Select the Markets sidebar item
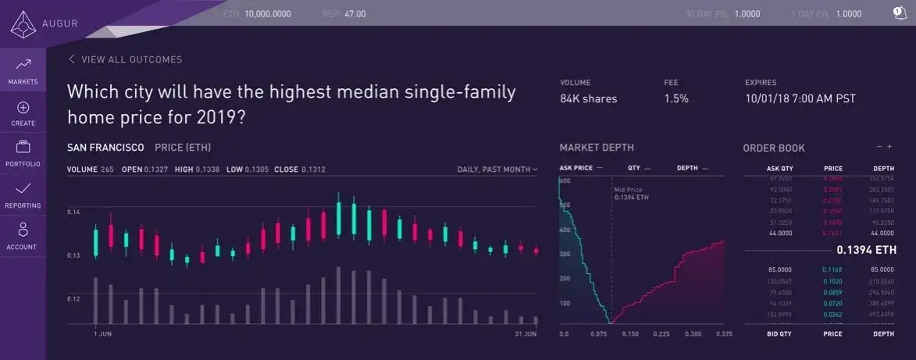click(23, 70)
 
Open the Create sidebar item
click(23, 113)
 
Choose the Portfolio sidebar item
click(23, 153)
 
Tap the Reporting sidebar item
click(23, 194)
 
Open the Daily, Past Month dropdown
click(497, 169)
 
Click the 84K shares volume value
click(588, 98)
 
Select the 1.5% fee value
click(675, 98)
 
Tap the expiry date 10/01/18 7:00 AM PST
click(800, 98)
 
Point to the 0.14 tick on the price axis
click(74, 212)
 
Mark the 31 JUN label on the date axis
click(525, 334)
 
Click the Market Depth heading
click(597, 148)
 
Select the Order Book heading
click(773, 148)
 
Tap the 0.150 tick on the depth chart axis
click(631, 334)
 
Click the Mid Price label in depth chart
click(629, 188)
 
